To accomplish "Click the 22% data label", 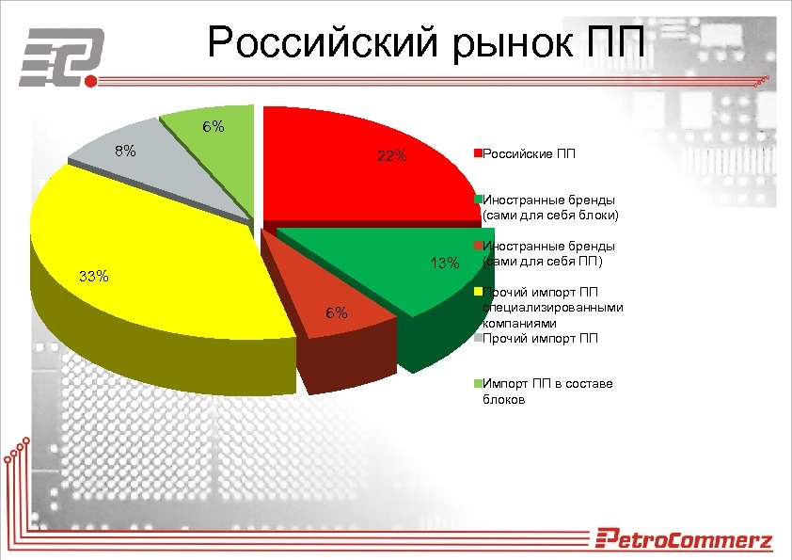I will (391, 156).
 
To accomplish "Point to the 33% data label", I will (94, 277).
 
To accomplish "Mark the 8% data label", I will (125, 151).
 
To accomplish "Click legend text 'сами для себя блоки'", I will (550, 215).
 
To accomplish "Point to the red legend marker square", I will (478, 152).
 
